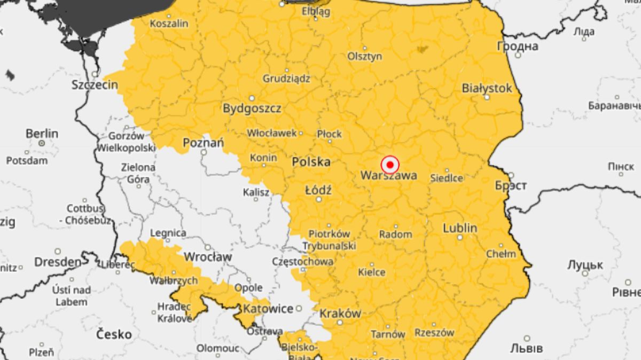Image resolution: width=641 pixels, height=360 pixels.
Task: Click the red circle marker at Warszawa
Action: click(x=390, y=164)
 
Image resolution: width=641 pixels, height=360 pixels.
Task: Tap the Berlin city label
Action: click(x=42, y=134)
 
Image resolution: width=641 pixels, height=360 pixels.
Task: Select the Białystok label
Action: click(x=487, y=88)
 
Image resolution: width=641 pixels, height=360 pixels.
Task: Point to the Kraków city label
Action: click(x=340, y=314)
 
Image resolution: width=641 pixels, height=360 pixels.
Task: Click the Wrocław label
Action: click(x=208, y=257)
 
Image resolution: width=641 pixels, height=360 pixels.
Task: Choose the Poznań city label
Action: click(x=203, y=143)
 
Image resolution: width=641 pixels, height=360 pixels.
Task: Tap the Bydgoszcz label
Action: click(x=252, y=108)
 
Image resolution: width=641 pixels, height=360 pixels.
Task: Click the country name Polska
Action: click(x=311, y=162)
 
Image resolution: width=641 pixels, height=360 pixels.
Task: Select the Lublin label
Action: click(x=460, y=228)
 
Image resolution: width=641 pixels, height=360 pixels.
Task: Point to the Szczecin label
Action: click(x=95, y=85)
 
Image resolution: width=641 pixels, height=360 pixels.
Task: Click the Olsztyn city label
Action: click(x=365, y=56)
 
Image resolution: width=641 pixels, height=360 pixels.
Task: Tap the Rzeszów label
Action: click(x=434, y=332)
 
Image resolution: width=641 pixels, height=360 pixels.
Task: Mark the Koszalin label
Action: click(x=169, y=24)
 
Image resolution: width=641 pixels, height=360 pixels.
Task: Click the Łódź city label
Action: click(x=318, y=190)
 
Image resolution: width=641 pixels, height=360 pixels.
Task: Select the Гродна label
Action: click(x=517, y=46)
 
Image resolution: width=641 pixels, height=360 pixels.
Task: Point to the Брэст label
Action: click(x=511, y=185)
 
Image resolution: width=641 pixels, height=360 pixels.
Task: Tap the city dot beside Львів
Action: click(x=527, y=338)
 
